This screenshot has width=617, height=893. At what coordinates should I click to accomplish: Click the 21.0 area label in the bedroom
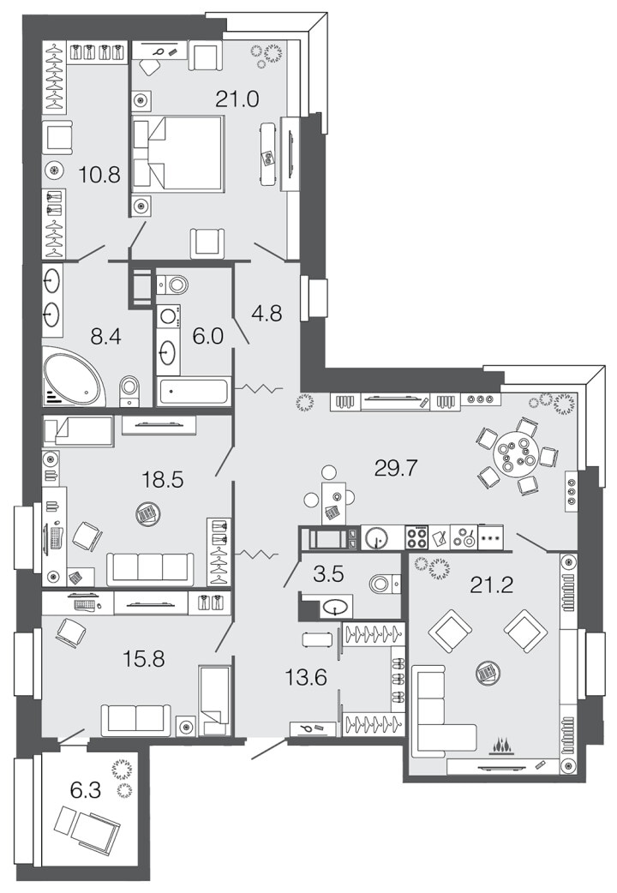coord(237,99)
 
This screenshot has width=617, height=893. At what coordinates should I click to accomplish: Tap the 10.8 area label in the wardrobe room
coord(99,174)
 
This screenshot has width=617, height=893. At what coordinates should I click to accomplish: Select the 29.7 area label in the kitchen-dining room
coord(396,469)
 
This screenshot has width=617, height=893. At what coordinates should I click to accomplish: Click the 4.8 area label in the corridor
coord(267,313)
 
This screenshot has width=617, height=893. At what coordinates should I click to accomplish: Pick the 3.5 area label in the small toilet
coord(329,575)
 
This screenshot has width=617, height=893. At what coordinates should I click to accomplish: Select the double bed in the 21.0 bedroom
coord(177,153)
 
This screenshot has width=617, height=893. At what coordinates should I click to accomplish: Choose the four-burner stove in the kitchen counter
coord(416,537)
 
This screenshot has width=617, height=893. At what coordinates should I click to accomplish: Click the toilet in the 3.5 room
coord(384,584)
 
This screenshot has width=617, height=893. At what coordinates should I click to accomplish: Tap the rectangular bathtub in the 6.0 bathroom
coord(194,392)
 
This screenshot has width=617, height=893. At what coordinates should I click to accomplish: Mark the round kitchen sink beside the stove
coord(375,537)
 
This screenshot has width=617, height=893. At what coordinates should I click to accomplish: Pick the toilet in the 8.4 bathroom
coord(130,392)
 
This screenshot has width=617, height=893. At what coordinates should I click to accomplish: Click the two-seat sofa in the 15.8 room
coord(135,720)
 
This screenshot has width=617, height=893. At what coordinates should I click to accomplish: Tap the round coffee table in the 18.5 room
coord(148,514)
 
